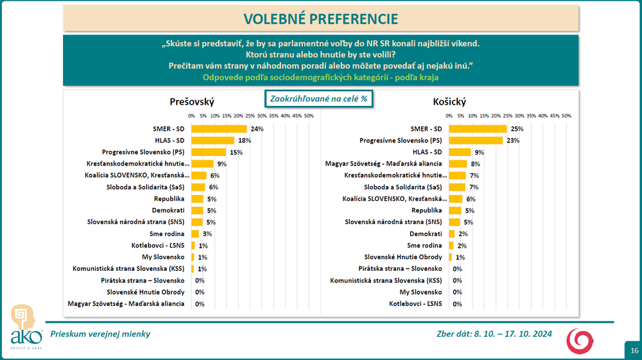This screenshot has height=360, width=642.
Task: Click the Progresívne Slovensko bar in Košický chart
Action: pos(476,141)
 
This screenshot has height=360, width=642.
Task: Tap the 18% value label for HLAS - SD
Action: pos(245,141)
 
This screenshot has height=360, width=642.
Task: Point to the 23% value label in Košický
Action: pos(513,141)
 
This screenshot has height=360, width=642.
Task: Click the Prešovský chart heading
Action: pos(192,102)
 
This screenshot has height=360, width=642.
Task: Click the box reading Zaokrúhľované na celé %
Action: pos(319,99)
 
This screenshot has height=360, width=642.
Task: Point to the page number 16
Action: pos(634,350)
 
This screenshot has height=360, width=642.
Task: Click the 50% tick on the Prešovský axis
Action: pos(308,116)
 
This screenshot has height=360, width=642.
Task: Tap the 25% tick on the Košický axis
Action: pos(508,116)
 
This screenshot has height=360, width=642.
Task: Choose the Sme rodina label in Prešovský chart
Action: pos(168,234)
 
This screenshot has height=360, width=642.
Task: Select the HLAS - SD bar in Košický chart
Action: pos(460,152)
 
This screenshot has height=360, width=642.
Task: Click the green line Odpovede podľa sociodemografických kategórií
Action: pos(321,77)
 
